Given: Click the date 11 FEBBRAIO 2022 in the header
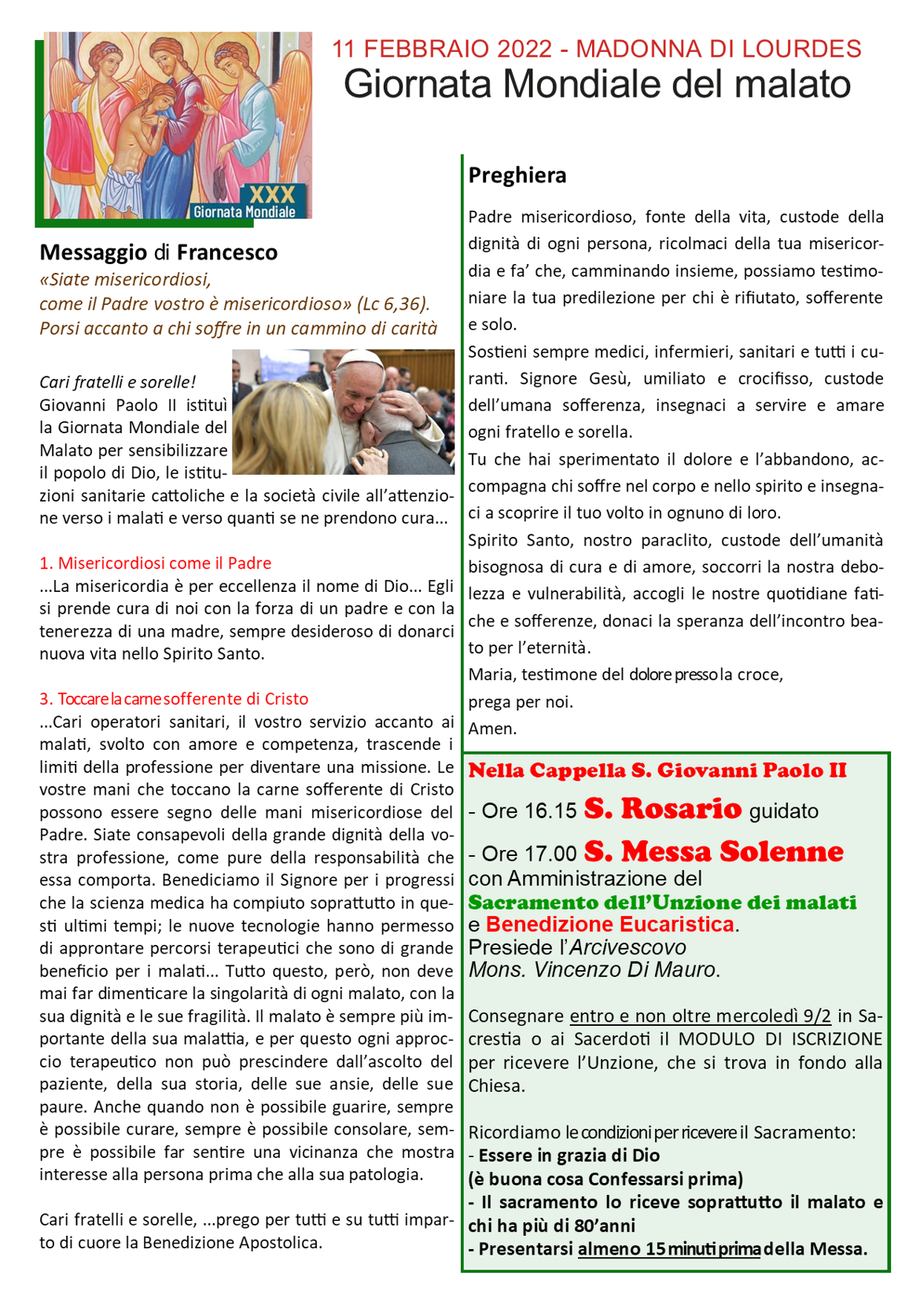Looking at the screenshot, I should (442, 49).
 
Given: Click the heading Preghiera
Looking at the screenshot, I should (517, 175).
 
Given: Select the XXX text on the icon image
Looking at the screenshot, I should (272, 195).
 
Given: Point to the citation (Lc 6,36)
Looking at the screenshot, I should (393, 304).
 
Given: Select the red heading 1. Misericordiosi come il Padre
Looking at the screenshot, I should (155, 563).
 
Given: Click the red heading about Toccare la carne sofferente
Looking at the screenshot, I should (174, 699).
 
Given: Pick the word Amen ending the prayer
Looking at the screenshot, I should (492, 729).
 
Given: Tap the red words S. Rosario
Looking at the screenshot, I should (662, 809).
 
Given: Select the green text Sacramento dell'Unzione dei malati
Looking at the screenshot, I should (662, 902).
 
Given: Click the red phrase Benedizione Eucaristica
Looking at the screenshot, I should (609, 924).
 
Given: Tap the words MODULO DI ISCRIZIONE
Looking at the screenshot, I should (780, 1039).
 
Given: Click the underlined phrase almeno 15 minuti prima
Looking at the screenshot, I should (668, 1249).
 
